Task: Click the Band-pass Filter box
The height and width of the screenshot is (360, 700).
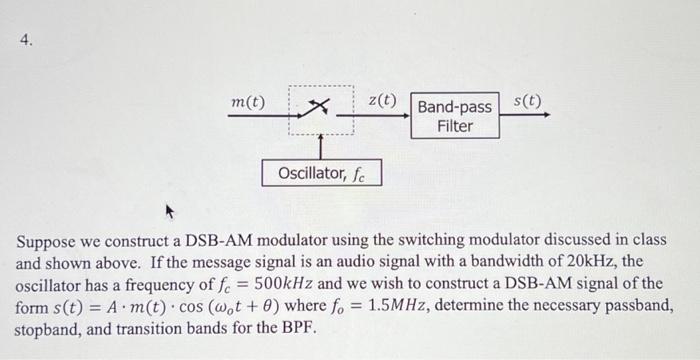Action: coord(454,116)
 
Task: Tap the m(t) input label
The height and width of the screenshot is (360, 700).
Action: coord(248,103)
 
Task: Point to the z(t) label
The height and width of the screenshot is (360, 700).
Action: coord(382,101)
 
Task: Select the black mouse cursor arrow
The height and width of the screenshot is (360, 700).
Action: coord(169,212)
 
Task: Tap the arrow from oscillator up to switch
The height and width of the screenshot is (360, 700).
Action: coord(320,146)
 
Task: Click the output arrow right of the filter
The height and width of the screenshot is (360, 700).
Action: coord(525,114)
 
